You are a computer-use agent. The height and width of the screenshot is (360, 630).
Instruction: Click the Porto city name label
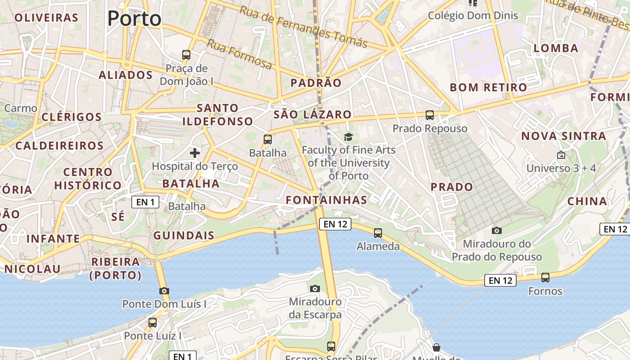134,18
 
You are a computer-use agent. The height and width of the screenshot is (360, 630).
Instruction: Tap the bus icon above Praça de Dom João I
186,55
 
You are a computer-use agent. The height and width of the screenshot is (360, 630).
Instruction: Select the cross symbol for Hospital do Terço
195,153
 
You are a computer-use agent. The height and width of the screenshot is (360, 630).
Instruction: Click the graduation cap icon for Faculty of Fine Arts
348,137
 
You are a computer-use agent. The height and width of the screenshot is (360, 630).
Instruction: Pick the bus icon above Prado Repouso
430,115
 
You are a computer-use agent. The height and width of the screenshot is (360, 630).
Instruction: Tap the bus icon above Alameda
378,233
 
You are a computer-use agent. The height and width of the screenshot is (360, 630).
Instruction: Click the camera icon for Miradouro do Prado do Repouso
497,230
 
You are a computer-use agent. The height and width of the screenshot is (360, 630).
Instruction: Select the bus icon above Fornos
545,278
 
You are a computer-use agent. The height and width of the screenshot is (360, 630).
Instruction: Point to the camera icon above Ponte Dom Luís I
164,291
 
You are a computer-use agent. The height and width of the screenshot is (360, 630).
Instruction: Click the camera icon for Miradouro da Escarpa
315,288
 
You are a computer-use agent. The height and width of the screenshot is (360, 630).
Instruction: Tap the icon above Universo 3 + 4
561,155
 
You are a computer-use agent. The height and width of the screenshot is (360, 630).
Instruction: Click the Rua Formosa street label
239,54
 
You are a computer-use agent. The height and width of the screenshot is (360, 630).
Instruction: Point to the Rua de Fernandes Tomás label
303,27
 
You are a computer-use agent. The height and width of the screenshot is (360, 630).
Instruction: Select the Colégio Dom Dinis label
473,16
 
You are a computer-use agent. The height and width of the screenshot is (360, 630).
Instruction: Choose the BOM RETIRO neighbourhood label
488,87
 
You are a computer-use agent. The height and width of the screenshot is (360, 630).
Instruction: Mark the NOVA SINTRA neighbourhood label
564,136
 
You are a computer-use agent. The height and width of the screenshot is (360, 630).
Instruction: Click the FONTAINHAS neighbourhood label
327,200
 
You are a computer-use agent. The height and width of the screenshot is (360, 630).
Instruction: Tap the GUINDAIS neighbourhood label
184,235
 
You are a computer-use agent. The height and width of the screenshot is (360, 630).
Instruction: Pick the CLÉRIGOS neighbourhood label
72,117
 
